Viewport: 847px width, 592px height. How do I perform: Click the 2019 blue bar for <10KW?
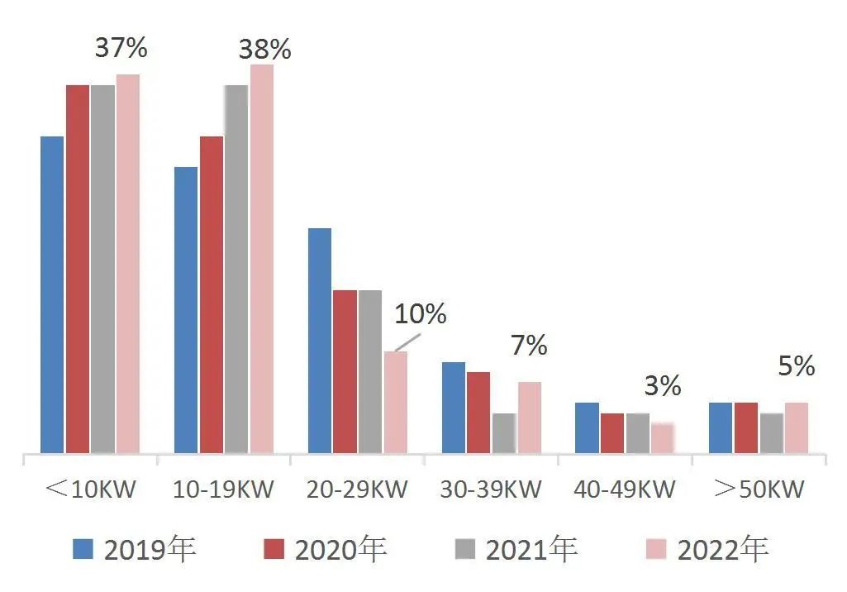[x=52, y=294]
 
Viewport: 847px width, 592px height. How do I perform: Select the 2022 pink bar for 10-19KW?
[x=262, y=259]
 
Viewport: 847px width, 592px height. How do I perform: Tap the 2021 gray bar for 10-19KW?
[x=236, y=270]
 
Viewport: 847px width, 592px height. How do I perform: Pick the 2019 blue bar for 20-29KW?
[x=320, y=341]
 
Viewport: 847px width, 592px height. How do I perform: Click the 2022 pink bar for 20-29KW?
[x=396, y=402]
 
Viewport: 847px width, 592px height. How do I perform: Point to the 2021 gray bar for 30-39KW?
[x=504, y=433]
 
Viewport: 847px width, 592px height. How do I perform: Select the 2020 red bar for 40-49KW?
[x=612, y=433]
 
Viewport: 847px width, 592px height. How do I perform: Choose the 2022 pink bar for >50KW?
[x=797, y=427]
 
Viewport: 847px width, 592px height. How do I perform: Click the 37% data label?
[x=121, y=48]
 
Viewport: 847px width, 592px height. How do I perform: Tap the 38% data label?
[x=264, y=50]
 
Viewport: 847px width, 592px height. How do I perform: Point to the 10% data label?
[x=421, y=314]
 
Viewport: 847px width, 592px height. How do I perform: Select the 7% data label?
[x=529, y=346]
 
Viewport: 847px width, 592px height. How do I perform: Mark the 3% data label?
[x=663, y=386]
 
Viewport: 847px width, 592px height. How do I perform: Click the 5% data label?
[x=797, y=366]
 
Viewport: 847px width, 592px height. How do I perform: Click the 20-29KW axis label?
[x=356, y=489]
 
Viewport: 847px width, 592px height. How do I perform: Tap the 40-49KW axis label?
[x=624, y=489]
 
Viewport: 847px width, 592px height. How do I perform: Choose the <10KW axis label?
[x=90, y=489]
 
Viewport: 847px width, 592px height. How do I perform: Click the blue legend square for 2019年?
[x=83, y=549]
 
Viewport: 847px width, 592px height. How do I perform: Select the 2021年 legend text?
[x=531, y=549]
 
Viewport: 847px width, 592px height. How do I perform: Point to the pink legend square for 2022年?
[x=656, y=549]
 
